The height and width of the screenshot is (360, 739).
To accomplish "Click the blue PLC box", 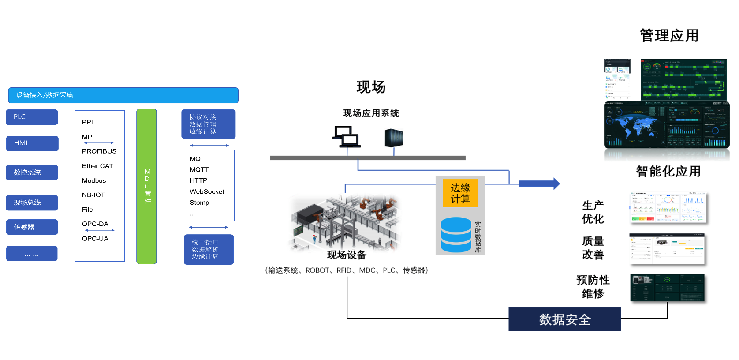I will tap(32, 117).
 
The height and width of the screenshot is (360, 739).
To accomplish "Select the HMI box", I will tap(32, 143).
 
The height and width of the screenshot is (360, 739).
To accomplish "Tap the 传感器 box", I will tap(32, 227).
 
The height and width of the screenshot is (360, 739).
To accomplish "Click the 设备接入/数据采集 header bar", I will tap(123, 95).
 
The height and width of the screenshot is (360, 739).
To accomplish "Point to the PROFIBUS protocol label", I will tap(99, 151).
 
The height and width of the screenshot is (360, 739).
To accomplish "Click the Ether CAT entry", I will tap(97, 166).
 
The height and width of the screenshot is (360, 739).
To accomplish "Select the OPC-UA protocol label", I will tap(95, 239).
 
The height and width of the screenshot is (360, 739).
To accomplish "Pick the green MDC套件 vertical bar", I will tap(147, 186).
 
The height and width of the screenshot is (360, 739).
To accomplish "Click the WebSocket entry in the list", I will tap(207, 191).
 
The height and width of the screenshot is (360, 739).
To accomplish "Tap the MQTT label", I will tap(199, 169).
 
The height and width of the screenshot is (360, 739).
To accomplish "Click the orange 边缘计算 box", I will tap(460, 193).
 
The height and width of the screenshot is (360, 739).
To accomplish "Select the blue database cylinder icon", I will tap(456, 235).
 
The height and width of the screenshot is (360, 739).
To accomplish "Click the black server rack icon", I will tap(394, 138).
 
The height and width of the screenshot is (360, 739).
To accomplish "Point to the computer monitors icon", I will tap(346, 137).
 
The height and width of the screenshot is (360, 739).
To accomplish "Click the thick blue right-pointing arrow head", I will tap(556, 184).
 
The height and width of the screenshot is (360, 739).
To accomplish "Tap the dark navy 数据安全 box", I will tap(564, 319).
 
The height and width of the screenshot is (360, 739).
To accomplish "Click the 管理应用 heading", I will tap(669, 36).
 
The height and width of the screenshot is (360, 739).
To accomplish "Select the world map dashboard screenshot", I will tap(667, 125).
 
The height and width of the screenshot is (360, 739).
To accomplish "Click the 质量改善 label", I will tap(593, 248).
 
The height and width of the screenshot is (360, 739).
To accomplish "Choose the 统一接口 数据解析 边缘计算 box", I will tap(209, 249).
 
